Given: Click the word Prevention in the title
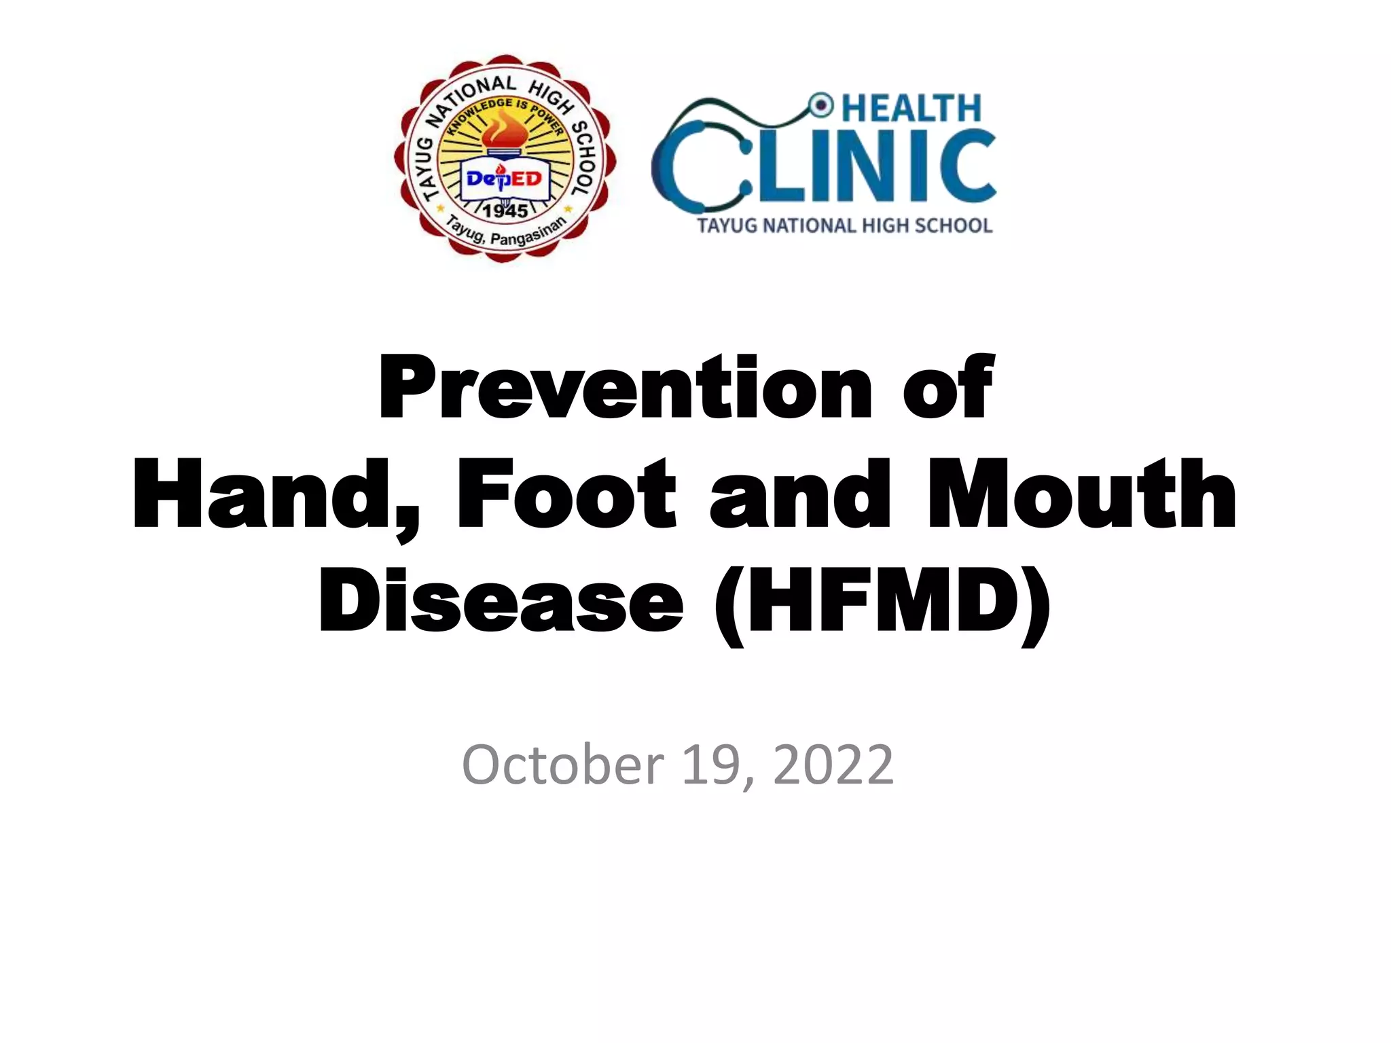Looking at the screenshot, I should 625,388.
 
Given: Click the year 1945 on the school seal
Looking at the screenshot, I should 505,211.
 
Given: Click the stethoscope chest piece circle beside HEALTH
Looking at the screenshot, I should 822,105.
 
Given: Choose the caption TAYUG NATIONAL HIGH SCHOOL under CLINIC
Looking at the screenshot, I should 845,225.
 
